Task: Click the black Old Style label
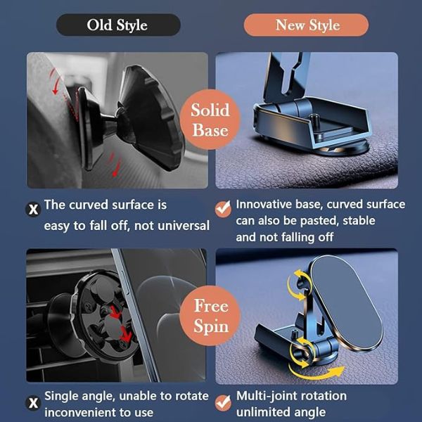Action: point(118,25)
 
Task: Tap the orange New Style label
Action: point(306,25)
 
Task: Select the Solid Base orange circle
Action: point(210,120)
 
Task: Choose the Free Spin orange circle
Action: point(210,316)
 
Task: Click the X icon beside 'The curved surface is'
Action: point(33,209)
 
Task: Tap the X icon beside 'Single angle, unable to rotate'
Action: point(33,403)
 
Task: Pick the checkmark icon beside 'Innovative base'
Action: point(223,209)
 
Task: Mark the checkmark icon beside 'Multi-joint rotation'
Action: point(223,403)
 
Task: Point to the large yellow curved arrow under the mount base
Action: point(316,372)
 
